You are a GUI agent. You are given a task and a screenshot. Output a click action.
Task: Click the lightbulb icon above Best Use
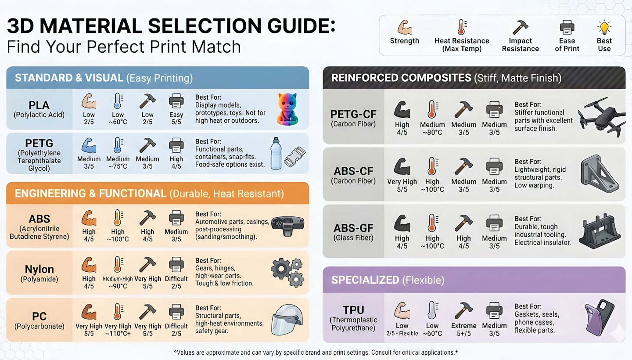click(604, 27)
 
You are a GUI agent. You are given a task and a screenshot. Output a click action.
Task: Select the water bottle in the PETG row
click(275, 153)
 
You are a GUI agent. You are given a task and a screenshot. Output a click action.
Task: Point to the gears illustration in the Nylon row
click(287, 272)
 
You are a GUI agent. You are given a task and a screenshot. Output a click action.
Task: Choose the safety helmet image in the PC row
click(288, 320)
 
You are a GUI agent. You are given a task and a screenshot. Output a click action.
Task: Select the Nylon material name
click(39, 269)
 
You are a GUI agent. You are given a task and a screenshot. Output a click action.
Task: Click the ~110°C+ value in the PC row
click(118, 334)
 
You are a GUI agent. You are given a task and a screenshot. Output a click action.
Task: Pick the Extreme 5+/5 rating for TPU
click(463, 329)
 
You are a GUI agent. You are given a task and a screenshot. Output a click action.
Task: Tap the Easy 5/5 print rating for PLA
click(176, 118)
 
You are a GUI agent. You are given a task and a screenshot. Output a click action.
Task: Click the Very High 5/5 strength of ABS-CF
click(402, 185)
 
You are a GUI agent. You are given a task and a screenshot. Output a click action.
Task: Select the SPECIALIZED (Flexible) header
click(388, 280)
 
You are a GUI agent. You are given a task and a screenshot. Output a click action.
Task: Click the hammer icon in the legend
click(520, 27)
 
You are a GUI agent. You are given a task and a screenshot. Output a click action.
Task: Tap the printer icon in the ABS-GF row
click(494, 223)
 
